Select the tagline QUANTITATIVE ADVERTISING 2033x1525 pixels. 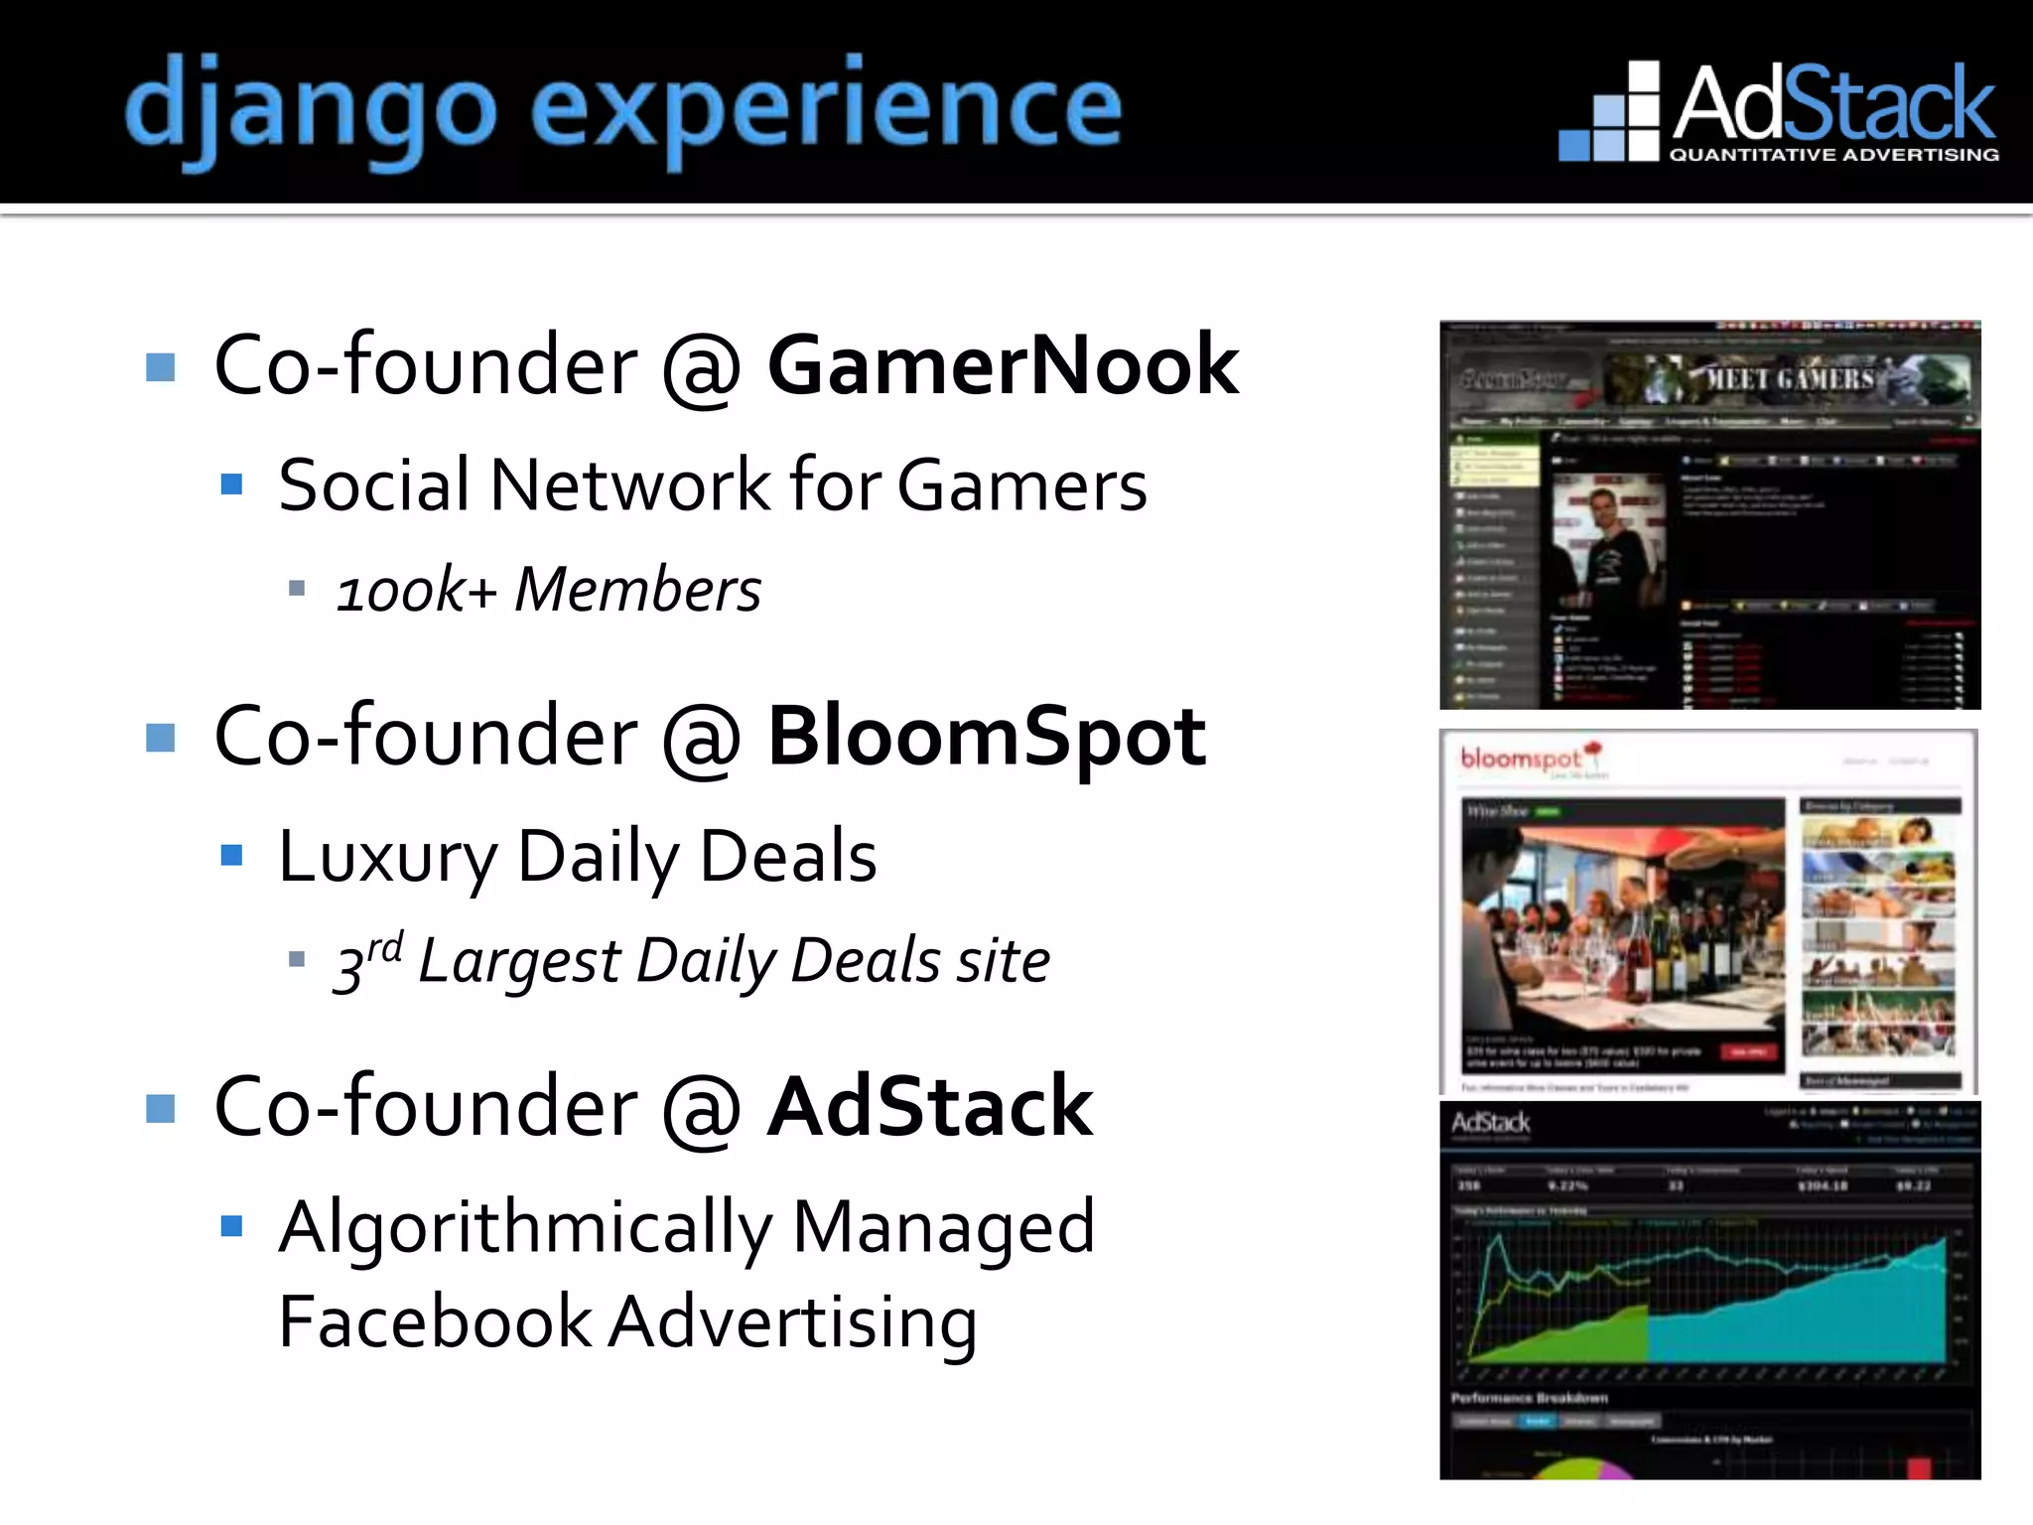(1834, 155)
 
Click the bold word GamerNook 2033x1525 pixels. (1003, 365)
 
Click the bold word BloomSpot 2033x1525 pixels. (987, 737)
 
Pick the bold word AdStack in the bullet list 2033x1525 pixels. (930, 1107)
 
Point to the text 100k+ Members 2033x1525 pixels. (549, 590)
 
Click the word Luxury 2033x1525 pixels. (387, 856)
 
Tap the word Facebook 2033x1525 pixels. (435, 1322)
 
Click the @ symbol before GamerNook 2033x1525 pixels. (701, 367)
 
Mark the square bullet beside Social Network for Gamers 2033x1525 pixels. (232, 485)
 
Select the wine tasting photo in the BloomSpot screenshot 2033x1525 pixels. (1622, 918)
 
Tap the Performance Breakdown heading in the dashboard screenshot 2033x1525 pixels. (1529, 1398)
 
